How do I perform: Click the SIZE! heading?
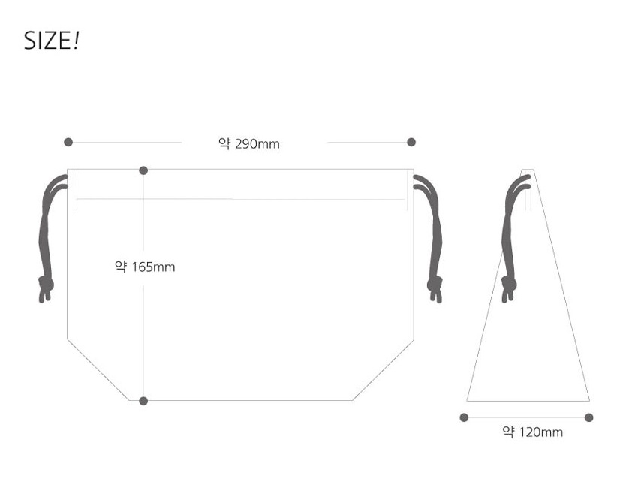[51, 41]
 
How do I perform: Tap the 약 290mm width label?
[249, 143]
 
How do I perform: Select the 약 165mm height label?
[145, 267]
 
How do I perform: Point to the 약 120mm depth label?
[533, 432]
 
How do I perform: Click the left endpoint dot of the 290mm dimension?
[68, 142]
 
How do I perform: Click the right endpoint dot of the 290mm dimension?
[411, 142]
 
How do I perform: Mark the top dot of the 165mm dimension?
[143, 170]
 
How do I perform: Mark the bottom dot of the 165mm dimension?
[143, 402]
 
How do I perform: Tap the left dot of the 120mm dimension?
[465, 417]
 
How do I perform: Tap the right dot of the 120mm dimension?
[588, 417]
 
